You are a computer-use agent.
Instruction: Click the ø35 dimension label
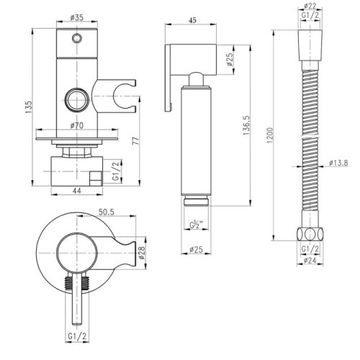77,18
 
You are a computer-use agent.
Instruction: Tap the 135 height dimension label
29,107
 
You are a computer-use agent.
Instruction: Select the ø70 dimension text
77,125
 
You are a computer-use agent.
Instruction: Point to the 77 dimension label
136,140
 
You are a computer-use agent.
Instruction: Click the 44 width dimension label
77,191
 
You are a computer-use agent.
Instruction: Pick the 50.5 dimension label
107,212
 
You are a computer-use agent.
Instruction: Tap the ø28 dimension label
142,253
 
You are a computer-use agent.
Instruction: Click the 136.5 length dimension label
246,125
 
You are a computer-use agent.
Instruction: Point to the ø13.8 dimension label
338,163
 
